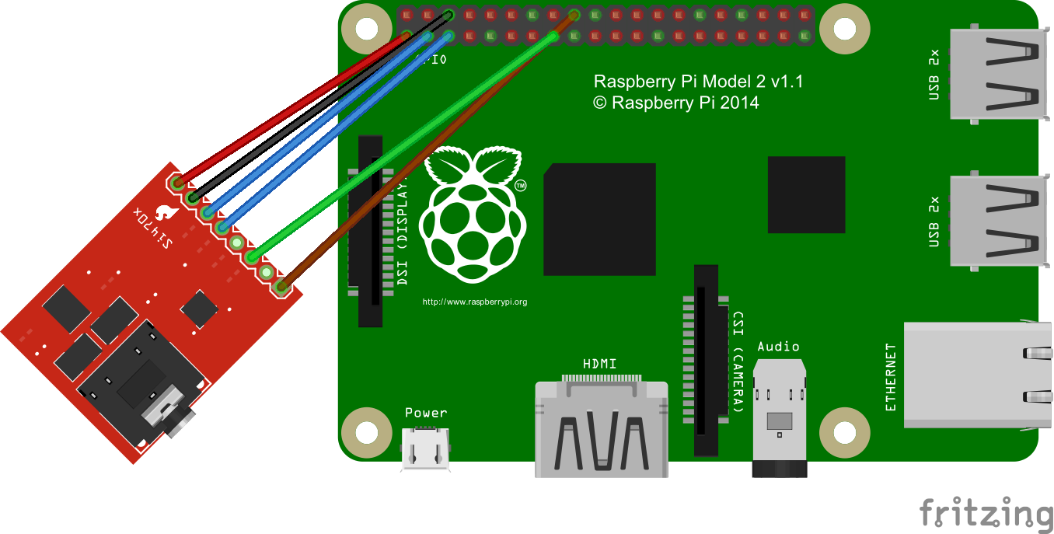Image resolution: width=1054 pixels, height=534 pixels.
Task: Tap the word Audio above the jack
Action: coord(778,347)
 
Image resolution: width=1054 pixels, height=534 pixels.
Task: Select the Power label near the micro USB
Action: coord(426,413)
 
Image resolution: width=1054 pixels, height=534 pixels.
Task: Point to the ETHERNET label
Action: coord(891,378)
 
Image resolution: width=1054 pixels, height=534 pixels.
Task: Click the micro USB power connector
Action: coord(426,450)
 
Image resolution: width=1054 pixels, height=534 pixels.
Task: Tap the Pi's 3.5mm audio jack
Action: coord(779,421)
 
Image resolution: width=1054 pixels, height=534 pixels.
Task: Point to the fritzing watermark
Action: coord(986,513)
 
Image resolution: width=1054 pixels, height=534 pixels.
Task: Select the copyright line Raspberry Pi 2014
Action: coord(675,103)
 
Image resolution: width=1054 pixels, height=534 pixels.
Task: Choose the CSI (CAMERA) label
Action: coord(738,362)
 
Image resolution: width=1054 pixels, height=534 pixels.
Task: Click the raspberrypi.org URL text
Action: coord(474,302)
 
